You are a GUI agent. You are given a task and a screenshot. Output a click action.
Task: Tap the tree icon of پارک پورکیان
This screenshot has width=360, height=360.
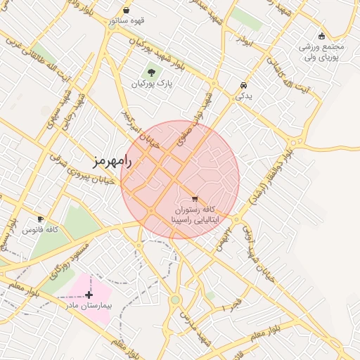[151, 72]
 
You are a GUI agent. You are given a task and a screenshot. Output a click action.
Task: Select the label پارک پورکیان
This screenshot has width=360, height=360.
[151, 84]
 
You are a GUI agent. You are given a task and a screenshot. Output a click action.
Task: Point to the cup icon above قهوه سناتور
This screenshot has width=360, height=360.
[126, 11]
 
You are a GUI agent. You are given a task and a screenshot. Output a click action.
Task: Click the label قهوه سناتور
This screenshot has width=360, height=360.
[127, 21]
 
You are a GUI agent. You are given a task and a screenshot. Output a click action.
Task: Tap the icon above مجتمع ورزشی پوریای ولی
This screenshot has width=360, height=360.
[322, 36]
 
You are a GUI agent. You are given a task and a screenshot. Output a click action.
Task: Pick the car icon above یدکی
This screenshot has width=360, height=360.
[243, 84]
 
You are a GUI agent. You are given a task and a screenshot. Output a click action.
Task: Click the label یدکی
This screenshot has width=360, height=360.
[243, 96]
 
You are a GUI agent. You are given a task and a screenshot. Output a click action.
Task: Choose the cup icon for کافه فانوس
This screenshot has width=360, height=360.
[40, 219]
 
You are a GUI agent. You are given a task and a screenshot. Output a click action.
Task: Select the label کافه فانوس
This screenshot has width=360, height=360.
[40, 230]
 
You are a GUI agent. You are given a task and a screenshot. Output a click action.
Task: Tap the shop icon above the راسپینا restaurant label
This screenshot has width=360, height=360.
[195, 199]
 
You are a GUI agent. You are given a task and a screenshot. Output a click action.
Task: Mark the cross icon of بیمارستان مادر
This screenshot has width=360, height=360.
[89, 295]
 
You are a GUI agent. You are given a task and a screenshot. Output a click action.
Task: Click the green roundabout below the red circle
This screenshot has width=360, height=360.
[175, 300]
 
